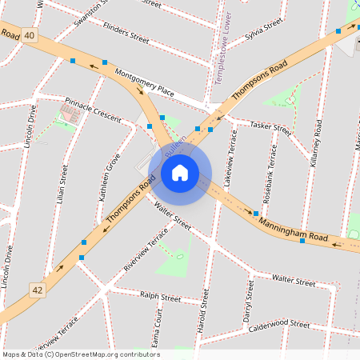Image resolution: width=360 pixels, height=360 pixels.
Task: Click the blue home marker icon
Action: point(180,172)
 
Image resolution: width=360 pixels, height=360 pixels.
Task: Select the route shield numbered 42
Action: point(38,289)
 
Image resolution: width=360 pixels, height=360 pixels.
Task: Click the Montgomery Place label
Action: point(144,83)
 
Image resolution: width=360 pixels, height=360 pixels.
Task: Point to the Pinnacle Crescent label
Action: point(92,110)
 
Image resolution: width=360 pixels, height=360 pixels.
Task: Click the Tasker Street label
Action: point(270,127)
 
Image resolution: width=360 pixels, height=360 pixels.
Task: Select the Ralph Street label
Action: point(160,296)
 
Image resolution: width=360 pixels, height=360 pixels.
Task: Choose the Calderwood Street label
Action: point(278,326)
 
